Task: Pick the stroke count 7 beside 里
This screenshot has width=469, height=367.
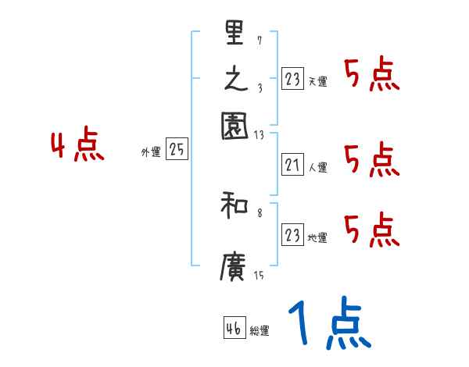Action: pyautogui.click(x=260, y=40)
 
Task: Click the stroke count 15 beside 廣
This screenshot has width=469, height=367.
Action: pyautogui.click(x=259, y=274)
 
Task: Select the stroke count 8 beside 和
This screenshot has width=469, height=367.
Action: pyautogui.click(x=260, y=212)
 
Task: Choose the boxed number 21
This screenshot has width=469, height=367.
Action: pyautogui.click(x=292, y=165)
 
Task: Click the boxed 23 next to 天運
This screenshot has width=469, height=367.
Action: pyautogui.click(x=292, y=80)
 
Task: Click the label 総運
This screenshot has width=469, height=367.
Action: pyautogui.click(x=260, y=331)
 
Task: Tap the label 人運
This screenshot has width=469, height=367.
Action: pyautogui.click(x=318, y=167)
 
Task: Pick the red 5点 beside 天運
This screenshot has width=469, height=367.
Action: pyautogui.click(x=371, y=75)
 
